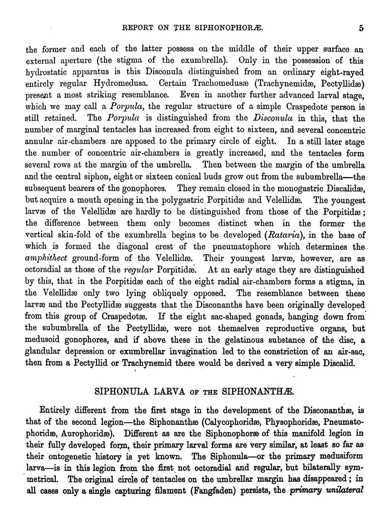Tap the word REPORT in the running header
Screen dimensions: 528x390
pos(139,29)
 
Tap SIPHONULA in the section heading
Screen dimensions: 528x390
pos(130,390)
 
